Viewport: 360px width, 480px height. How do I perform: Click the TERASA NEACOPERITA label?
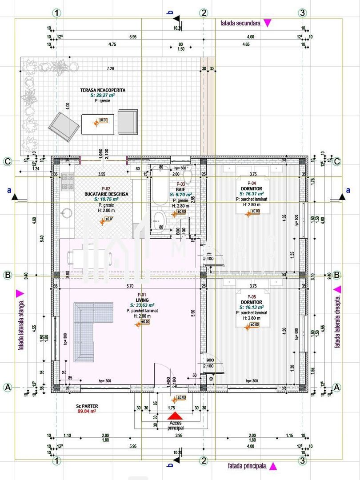click(103, 90)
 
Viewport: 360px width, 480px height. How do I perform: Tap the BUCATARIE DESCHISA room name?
click(106, 194)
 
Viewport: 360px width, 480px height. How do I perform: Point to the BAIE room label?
click(180, 189)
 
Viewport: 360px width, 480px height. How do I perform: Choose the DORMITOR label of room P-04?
click(252, 189)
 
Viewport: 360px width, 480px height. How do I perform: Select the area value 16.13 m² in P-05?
click(252, 307)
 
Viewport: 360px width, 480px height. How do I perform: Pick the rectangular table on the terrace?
click(98, 124)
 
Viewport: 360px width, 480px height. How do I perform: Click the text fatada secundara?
click(240, 23)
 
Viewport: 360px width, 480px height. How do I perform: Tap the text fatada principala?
click(247, 466)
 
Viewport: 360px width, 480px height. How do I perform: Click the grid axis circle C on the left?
click(8, 161)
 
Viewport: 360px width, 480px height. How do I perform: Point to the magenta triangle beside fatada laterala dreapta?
click(338, 289)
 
